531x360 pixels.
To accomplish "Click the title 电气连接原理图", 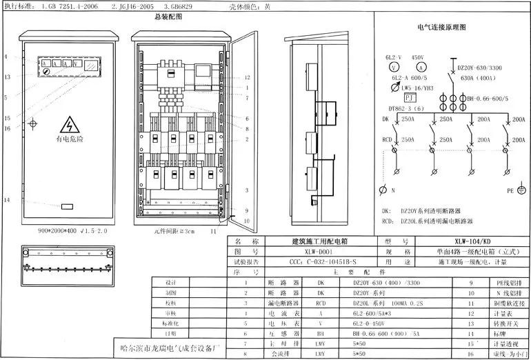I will pyautogui.click(x=441, y=28).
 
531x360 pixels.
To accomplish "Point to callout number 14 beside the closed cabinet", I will pyautogui.click(x=6, y=200).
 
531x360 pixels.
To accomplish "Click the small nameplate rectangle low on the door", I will pyautogui.click(x=67, y=206).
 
